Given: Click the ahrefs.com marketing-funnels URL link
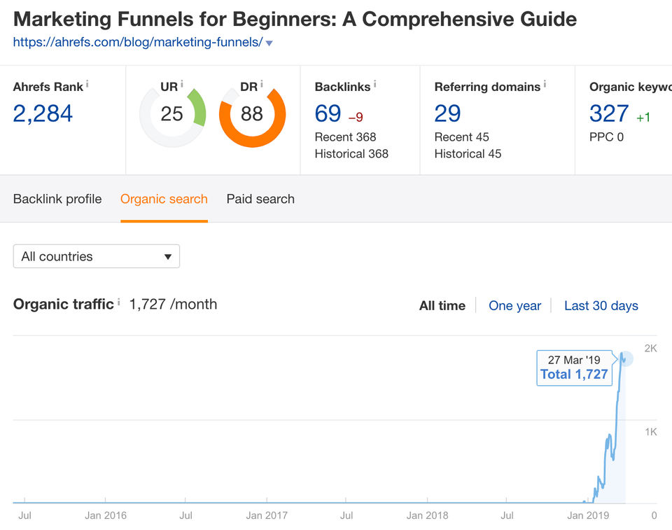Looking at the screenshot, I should coord(138,42).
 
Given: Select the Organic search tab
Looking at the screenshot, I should coord(164,199).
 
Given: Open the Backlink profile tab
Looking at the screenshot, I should coord(57,199).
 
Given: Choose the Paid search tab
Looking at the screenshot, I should coord(260,199).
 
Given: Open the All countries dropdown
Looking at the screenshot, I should coord(97,256).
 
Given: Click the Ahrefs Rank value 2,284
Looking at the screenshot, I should coord(43,113).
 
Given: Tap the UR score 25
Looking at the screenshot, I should coord(171,113).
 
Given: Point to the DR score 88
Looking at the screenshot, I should coord(252,113).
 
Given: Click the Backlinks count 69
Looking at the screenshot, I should coord(328,113).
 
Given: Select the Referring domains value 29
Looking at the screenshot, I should coord(448,113).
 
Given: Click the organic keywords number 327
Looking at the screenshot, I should coord(609,113).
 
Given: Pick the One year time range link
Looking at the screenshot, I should coord(514,305).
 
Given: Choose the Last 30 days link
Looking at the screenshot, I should coord(601,305).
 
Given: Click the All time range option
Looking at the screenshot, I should coord(442,305).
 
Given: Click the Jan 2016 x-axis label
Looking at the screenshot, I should coord(106,516).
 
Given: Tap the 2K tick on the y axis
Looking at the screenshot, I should coord(650,349).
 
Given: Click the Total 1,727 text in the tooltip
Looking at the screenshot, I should coord(574,375).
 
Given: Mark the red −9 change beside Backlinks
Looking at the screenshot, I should coord(356,117).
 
